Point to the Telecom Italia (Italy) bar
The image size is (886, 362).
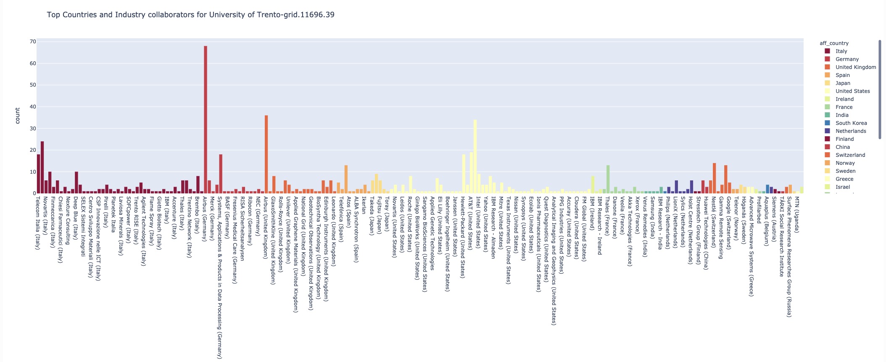click(x=39, y=174)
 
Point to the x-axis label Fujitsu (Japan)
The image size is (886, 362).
click(x=380, y=215)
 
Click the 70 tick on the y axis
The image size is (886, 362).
click(x=33, y=42)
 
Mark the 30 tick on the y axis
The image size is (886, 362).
click(x=33, y=128)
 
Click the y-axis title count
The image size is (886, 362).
click(x=17, y=116)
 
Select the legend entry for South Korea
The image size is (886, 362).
click(x=851, y=123)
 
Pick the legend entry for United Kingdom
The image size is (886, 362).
click(x=855, y=67)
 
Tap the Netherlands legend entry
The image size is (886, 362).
click(x=850, y=131)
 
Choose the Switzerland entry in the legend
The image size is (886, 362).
click(x=850, y=155)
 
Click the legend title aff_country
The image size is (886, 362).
click(x=834, y=43)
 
